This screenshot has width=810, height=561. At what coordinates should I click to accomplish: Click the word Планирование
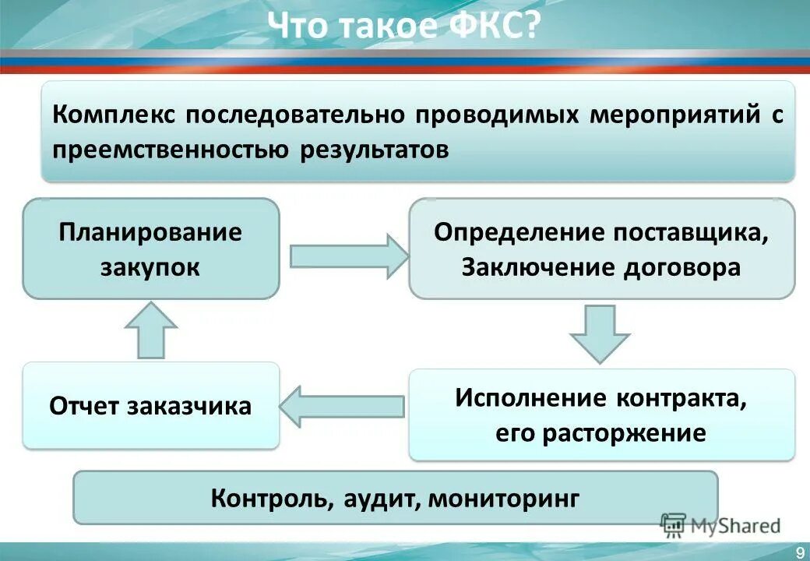(x=150, y=232)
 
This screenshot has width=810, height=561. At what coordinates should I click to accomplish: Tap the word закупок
(x=150, y=267)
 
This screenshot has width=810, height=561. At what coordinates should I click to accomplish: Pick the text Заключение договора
(x=601, y=267)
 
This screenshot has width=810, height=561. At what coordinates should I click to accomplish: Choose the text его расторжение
(x=600, y=432)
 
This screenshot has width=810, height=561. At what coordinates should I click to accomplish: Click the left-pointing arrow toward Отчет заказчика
(x=343, y=405)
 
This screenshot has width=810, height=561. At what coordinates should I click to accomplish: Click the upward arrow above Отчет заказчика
(x=151, y=330)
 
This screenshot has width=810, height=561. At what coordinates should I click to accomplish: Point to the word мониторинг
(x=503, y=497)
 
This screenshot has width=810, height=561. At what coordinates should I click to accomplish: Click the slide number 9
(x=800, y=552)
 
